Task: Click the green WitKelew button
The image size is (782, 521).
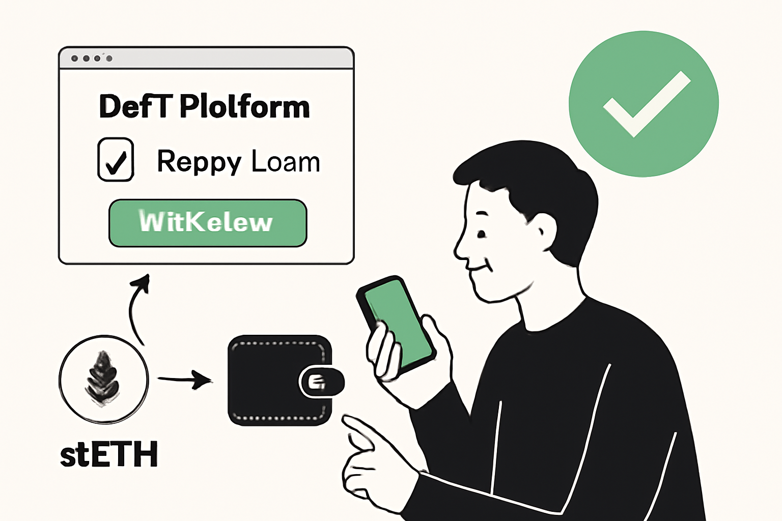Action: point(208,223)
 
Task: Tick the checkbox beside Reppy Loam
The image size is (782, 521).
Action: point(116,159)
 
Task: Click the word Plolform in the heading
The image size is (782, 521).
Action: point(245,107)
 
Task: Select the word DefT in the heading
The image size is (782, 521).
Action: point(135,107)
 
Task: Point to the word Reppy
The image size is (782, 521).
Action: point(199,162)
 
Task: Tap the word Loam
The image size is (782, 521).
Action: point(286,162)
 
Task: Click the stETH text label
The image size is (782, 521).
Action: point(109,454)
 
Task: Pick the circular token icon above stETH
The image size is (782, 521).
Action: point(104,379)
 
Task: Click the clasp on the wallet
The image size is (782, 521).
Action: point(321,382)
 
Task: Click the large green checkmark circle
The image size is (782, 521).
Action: point(644,103)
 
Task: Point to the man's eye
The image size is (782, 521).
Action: point(481,234)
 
